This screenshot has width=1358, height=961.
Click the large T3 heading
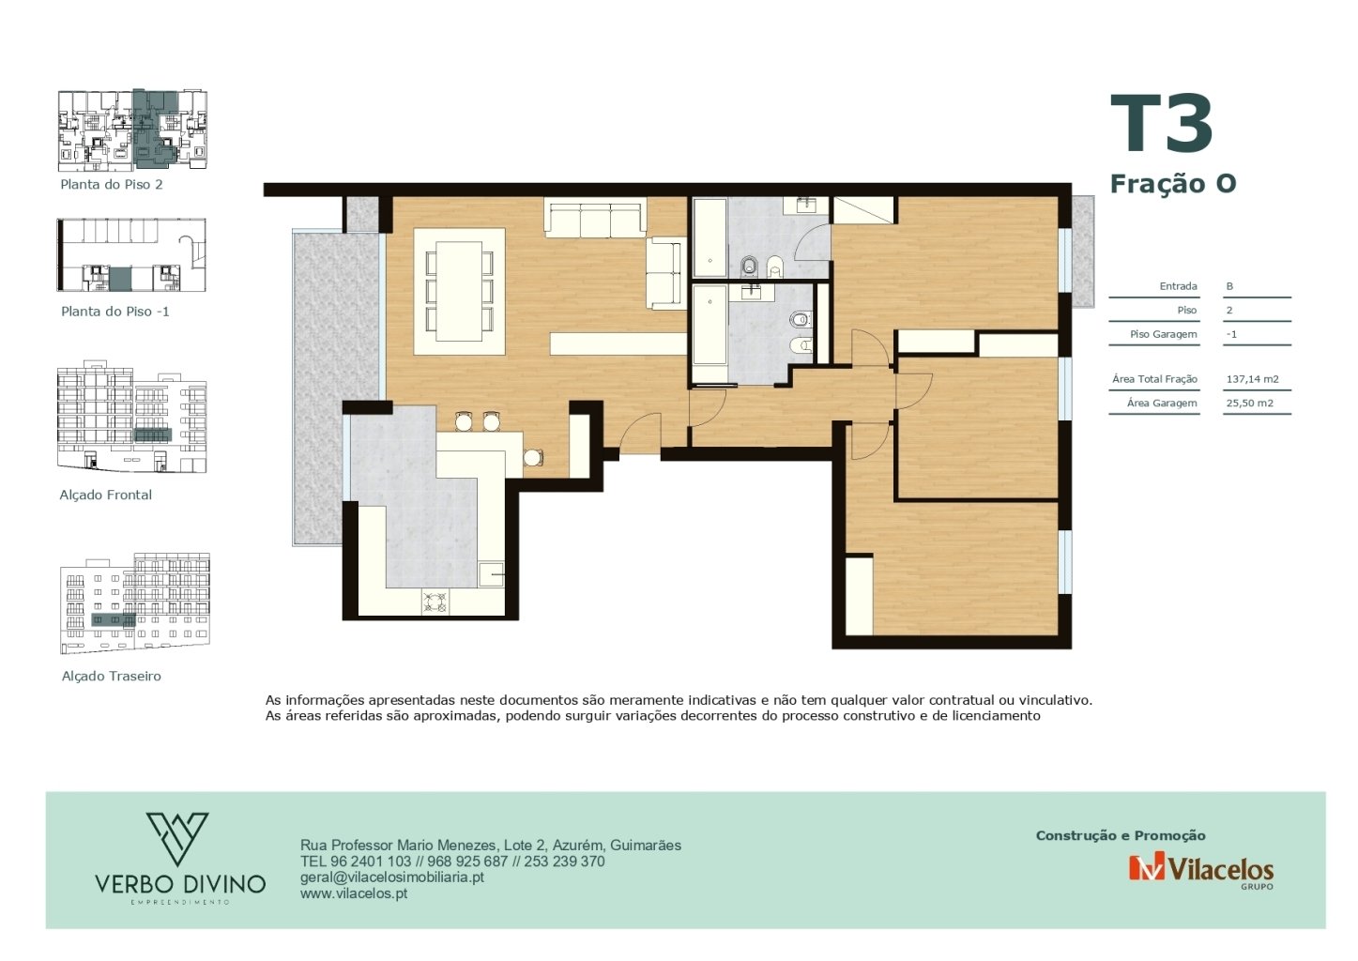1161,123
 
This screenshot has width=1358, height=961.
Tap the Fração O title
1172,183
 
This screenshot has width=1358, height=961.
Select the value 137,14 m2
1253,379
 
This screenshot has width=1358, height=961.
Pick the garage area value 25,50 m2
1249,404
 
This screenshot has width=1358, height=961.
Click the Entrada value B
1229,286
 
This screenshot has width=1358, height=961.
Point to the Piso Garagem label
1163,334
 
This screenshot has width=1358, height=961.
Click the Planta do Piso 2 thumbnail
132,130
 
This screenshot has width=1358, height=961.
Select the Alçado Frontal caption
105,495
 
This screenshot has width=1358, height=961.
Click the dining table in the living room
460,291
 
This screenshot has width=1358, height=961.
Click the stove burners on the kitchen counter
435,603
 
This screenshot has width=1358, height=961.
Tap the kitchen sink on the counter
491,574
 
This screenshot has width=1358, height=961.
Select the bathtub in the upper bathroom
710,237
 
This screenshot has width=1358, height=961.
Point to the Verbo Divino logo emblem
177,838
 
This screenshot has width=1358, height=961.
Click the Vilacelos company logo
1200,870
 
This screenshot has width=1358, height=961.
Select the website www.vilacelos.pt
354,893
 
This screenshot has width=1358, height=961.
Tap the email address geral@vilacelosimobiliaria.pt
391,877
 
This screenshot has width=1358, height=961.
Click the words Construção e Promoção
1121,835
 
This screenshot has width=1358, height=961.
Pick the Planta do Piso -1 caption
115,312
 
